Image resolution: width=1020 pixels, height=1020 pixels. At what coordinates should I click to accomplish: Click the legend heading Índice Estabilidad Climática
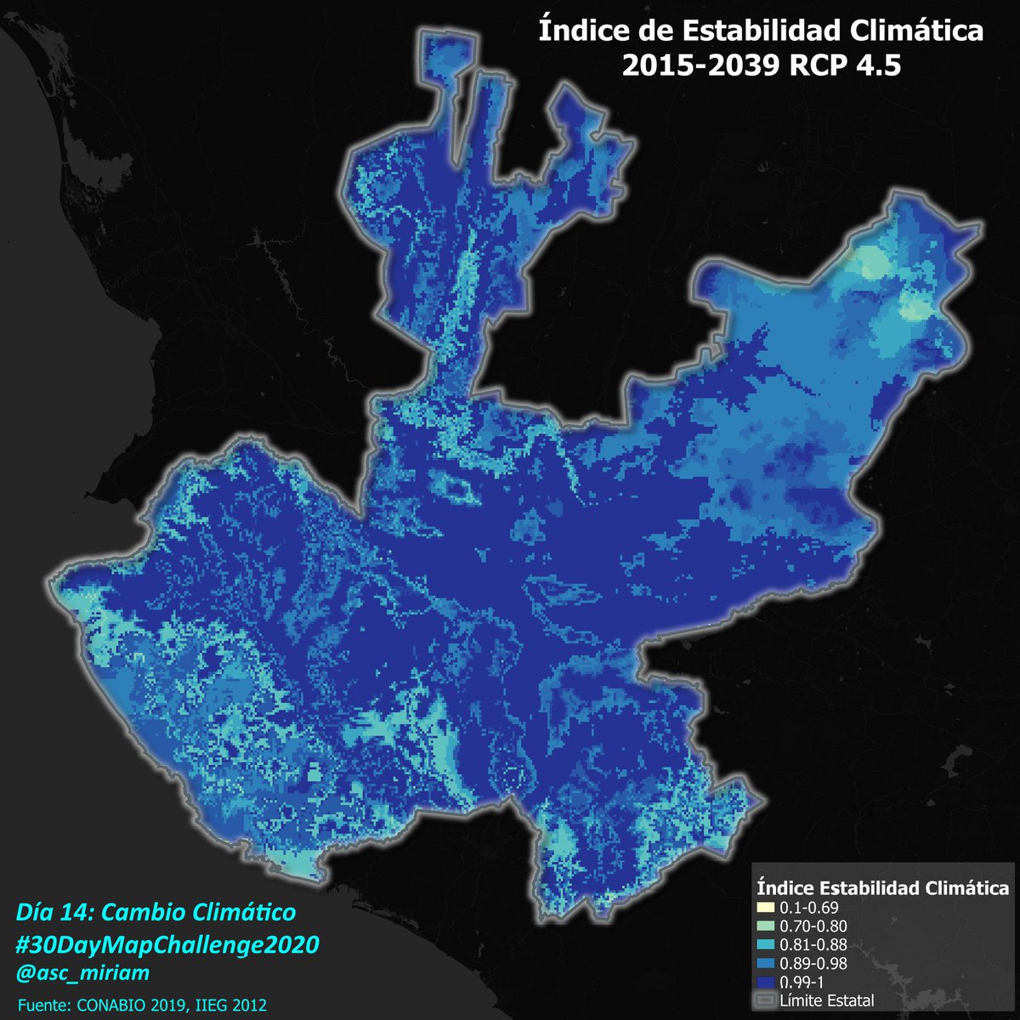coord(882,888)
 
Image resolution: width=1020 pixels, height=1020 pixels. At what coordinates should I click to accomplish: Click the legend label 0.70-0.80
coord(813,926)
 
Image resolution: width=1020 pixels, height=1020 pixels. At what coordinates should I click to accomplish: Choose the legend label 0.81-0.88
coord(813,944)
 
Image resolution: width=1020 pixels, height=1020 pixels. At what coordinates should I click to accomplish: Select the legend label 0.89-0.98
coord(813,963)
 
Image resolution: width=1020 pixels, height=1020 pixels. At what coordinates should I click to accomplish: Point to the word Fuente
coord(44,1004)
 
